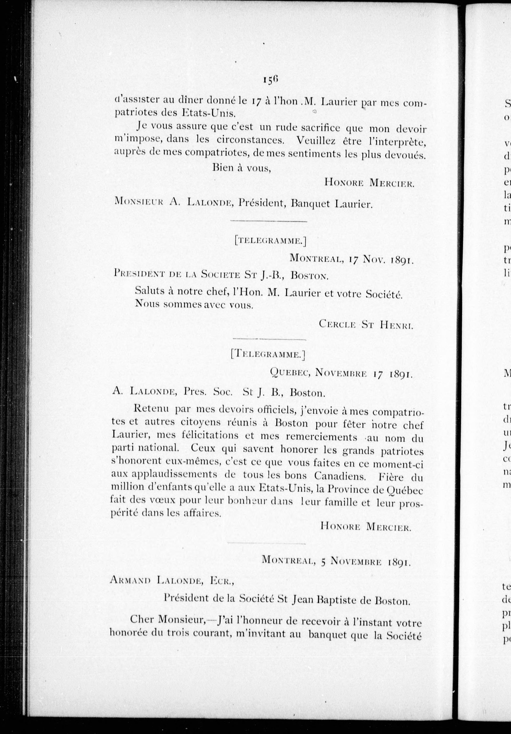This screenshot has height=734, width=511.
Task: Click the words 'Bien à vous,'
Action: pyautogui.click(x=242, y=168)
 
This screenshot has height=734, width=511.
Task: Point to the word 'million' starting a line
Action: pyautogui.click(x=125, y=488)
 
